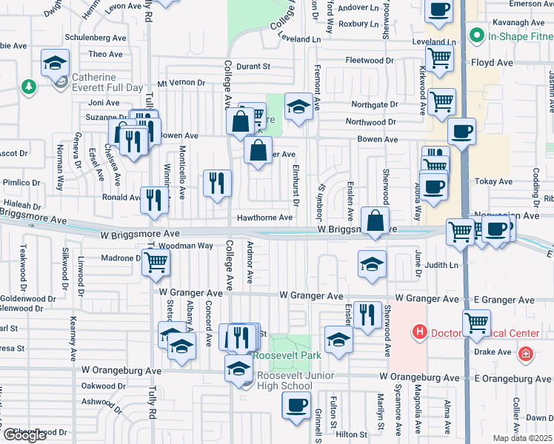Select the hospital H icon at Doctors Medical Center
420,332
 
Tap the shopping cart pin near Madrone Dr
156,262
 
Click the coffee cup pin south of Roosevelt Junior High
296,405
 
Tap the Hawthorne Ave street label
264,218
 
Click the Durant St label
253,67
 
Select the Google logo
25,435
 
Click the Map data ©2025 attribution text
522,438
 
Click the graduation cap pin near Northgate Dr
298,109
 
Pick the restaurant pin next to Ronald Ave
154,200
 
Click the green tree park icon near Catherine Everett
29,87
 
